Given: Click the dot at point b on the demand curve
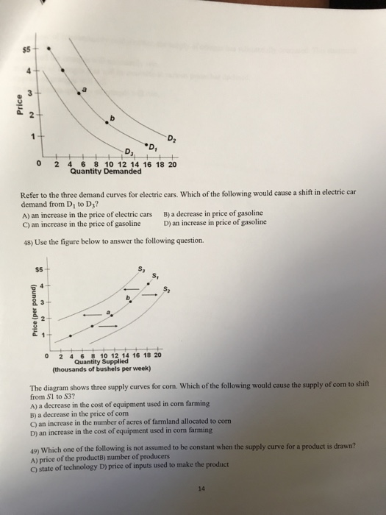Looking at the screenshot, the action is (107, 124).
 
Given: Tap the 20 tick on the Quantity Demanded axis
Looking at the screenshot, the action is (172, 165).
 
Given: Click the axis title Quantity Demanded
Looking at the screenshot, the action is (106, 172).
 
